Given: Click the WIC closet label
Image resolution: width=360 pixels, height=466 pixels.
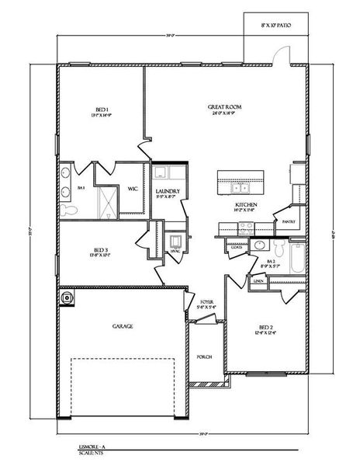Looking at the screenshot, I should pos(133,187).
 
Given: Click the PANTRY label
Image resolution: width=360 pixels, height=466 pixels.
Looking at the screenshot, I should pos(289,221).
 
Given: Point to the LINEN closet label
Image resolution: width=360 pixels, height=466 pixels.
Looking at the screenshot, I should pos(258,280).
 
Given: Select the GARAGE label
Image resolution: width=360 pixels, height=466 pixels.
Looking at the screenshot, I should pos(123,326).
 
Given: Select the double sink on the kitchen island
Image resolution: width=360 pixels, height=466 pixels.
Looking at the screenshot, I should pos(239,187).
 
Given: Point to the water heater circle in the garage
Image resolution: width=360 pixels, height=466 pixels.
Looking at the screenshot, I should pos(67,296).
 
